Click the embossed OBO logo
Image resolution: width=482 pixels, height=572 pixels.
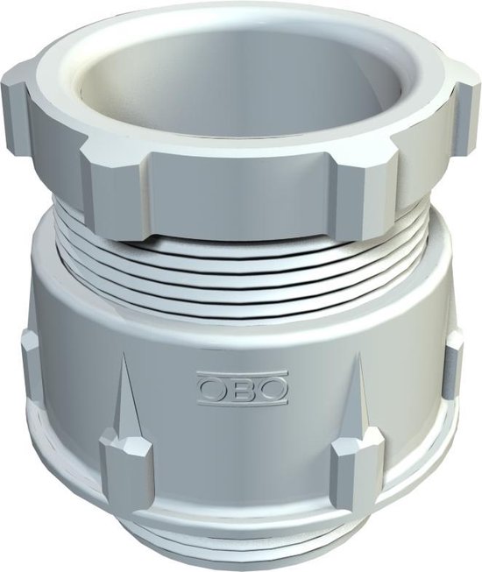(242, 387)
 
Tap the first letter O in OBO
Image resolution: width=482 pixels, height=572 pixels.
(214, 387)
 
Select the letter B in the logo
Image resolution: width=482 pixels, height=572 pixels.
(243, 387)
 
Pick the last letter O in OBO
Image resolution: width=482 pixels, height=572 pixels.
(271, 387)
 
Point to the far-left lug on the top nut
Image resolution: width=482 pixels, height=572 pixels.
(19, 96)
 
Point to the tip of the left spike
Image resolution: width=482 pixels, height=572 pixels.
(120, 361)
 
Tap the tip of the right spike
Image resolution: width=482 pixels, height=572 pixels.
(358, 361)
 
